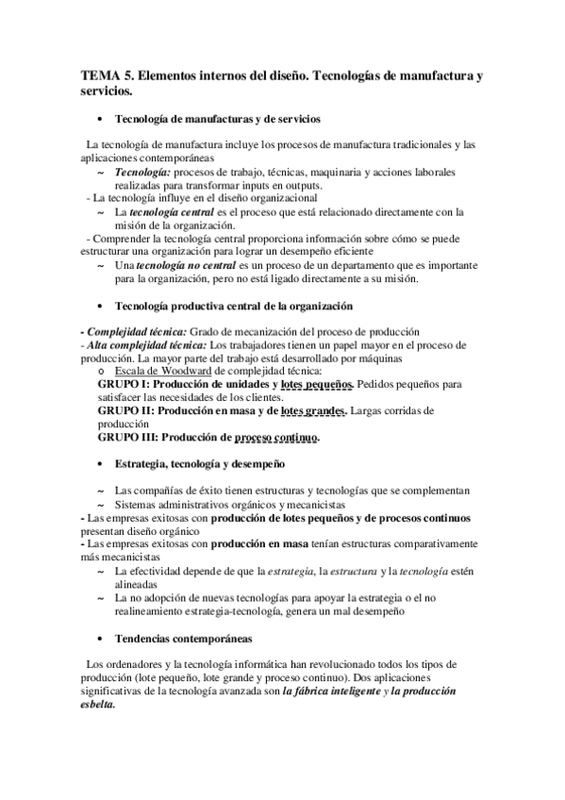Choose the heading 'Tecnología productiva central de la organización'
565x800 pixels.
[233, 306]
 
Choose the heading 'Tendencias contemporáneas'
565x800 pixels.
[176, 638]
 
